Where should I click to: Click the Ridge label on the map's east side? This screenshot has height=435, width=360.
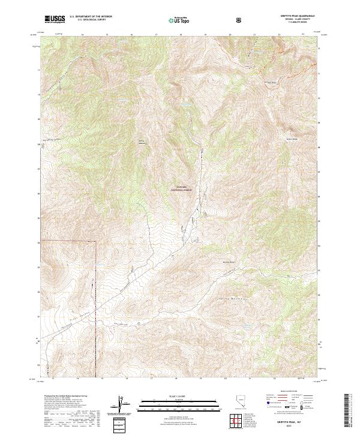[292, 142]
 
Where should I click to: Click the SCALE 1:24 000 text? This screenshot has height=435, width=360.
[181, 396]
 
